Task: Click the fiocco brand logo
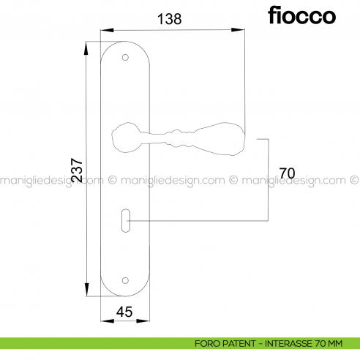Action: pos(301,15)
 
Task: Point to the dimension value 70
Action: pos(287,173)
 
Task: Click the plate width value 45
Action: pos(124,312)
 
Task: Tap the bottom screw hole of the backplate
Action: pos(125,280)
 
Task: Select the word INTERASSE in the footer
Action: pos(293,342)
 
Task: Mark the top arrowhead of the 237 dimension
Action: pos(86,42)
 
